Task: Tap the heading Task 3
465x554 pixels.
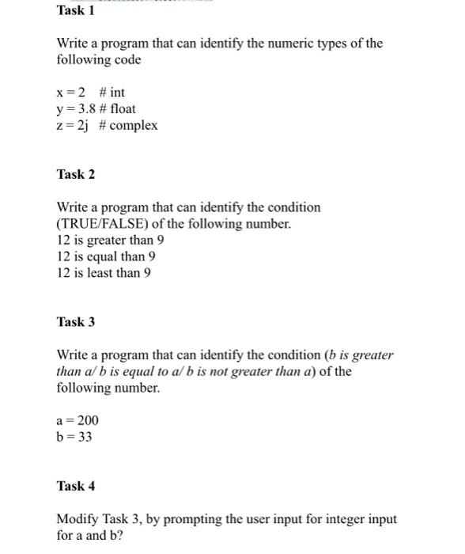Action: (75, 321)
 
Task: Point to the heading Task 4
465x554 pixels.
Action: (75, 485)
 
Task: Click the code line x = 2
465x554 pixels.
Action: (71, 93)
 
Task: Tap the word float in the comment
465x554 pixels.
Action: (123, 108)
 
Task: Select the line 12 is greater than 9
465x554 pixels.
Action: (110, 240)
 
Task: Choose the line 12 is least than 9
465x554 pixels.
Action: (104, 272)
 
